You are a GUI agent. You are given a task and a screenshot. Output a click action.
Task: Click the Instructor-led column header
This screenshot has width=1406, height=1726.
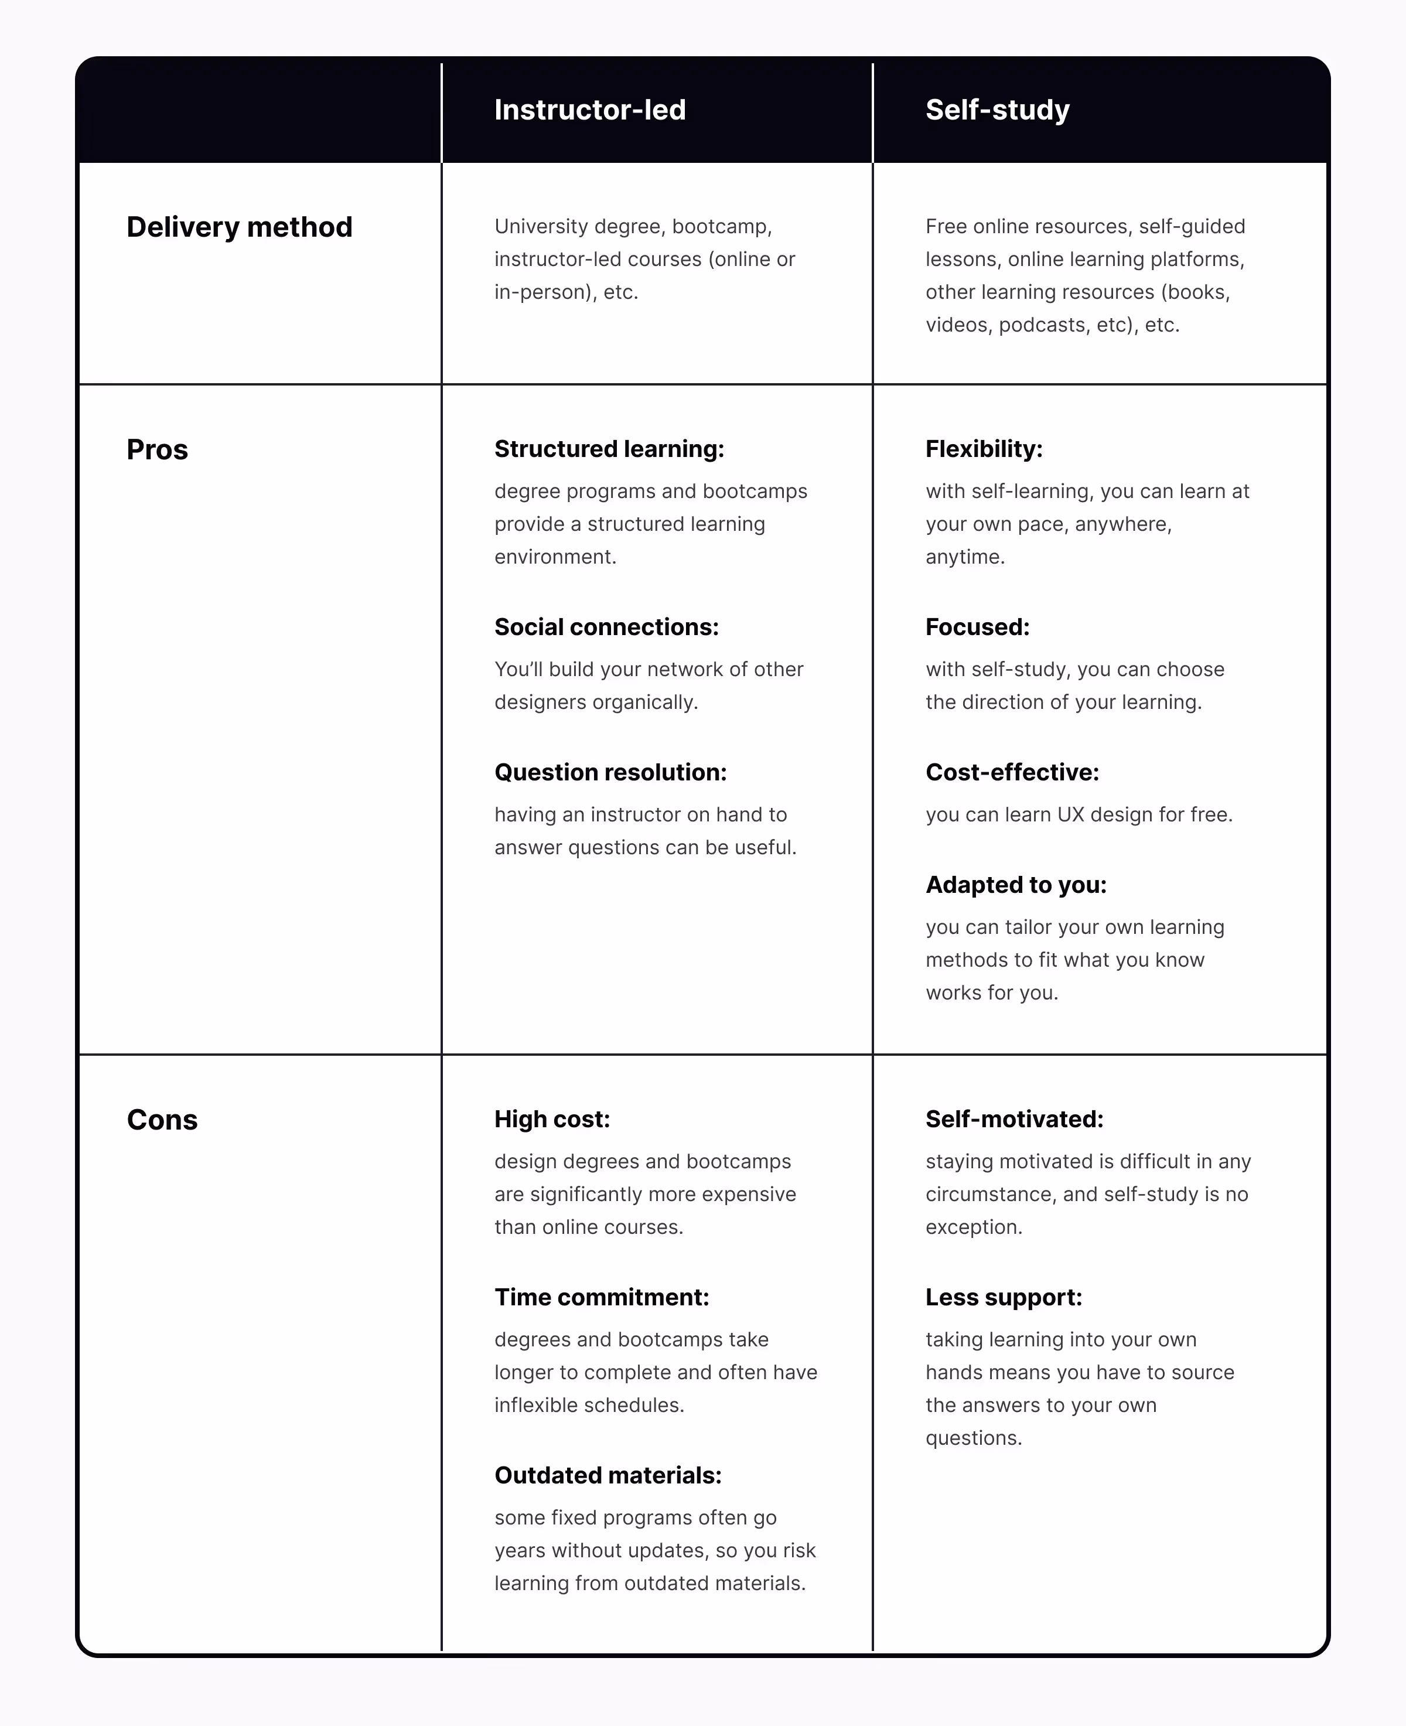589,110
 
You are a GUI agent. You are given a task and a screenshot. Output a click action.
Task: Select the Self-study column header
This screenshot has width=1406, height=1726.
997,110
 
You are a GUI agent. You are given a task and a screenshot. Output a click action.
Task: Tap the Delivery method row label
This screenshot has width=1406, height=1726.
239,227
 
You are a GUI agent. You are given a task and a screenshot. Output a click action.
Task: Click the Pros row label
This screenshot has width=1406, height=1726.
157,449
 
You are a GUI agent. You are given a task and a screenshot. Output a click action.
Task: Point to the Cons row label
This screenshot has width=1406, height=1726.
162,1120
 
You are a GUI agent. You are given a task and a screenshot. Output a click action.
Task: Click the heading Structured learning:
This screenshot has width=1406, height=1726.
609,449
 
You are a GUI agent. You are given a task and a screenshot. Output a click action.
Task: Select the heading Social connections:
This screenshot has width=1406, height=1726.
606,627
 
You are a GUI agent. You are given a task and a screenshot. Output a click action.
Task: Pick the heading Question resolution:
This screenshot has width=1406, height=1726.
610,772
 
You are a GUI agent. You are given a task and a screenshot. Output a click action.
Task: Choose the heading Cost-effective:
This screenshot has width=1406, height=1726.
1012,772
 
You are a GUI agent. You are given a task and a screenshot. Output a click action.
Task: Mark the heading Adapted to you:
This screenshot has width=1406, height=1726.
1016,885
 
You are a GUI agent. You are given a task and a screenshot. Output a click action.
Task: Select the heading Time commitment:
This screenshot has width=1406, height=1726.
602,1297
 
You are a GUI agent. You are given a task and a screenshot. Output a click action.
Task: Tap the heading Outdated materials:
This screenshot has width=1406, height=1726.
608,1475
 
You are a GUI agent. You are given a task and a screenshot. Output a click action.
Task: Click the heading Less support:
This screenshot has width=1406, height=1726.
1004,1297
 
